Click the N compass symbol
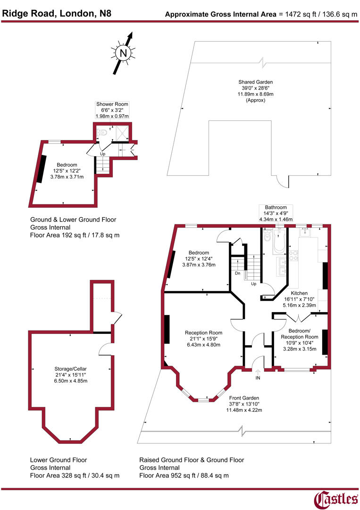pyautogui.click(x=124, y=53)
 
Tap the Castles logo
pyautogui.click(x=336, y=499)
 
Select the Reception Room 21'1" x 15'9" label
pyautogui.click(x=203, y=339)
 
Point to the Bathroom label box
pyautogui.click(x=275, y=213)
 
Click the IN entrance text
pyautogui.click(x=258, y=378)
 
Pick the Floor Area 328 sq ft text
pyautogui.click(x=75, y=475)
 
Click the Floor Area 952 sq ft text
pyautogui.click(x=184, y=475)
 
